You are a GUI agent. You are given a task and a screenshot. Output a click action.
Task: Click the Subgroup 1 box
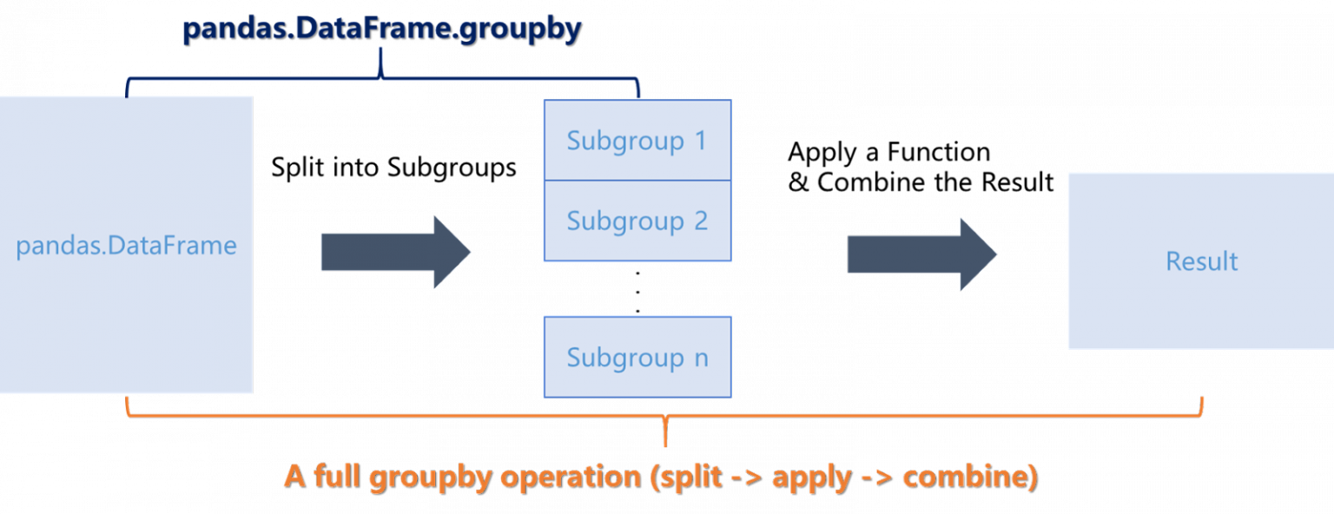coord(637,141)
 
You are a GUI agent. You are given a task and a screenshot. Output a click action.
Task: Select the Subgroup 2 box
coord(637,221)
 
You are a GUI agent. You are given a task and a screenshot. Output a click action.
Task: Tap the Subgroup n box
coord(637,357)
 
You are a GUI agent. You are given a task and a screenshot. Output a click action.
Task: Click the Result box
coord(1200,260)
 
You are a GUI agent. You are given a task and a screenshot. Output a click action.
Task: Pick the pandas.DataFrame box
coord(126,245)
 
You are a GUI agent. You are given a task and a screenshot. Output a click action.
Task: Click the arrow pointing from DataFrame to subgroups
coord(395,252)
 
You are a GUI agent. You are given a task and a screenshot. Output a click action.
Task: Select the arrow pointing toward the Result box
coord(921,254)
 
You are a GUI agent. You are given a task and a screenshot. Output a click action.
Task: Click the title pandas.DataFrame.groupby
coord(381,28)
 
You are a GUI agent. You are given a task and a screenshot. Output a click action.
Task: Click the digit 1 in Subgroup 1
coord(700,141)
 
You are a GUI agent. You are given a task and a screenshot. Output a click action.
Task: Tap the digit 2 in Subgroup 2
coord(700,221)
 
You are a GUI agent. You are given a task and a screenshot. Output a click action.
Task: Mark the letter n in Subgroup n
coord(701,359)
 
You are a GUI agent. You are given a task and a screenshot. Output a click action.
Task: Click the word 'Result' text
coord(1202,261)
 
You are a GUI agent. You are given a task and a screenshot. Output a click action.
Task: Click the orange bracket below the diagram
coord(665,414)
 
